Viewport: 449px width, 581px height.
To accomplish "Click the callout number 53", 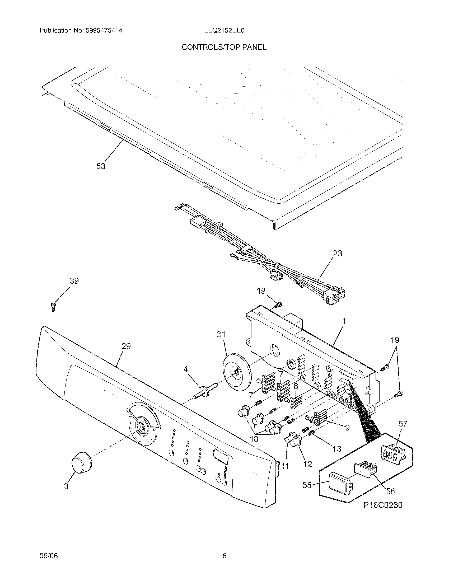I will (101, 166).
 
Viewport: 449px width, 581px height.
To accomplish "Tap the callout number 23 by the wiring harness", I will (337, 253).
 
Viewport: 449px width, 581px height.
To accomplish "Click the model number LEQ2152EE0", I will (224, 31).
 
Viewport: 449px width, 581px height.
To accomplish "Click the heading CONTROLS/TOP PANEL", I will (224, 47).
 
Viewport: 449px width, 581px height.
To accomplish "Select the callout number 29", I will (126, 346).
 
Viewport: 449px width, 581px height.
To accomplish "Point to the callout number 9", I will (347, 428).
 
